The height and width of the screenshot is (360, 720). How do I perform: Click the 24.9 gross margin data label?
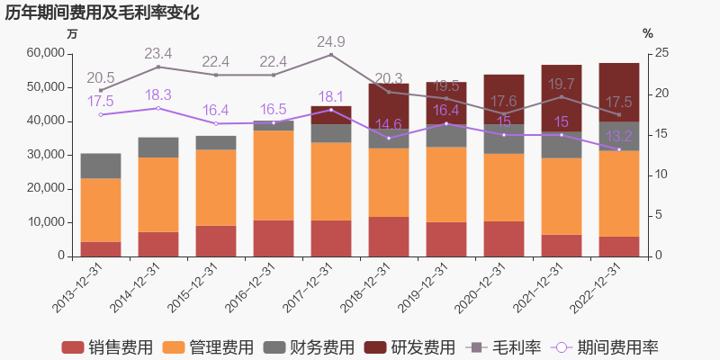[x=331, y=42]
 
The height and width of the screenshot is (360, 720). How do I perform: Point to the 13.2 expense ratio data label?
[x=619, y=137]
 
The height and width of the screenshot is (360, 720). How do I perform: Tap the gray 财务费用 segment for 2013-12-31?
[x=101, y=166]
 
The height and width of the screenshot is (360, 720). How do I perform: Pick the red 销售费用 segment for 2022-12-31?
[x=619, y=246]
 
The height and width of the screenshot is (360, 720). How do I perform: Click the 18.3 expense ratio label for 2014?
[x=157, y=95]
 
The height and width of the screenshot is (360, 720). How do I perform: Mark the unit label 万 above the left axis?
[x=73, y=34]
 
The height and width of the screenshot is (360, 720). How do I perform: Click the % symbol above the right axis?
[x=647, y=34]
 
